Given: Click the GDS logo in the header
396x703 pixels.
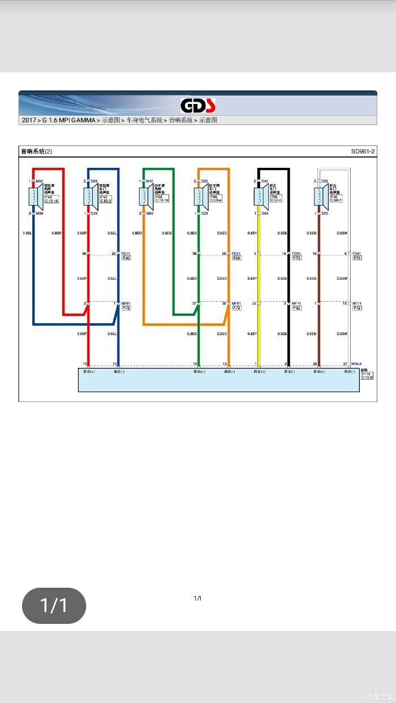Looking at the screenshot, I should click(x=198, y=106).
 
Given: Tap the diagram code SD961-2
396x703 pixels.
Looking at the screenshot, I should click(x=363, y=151).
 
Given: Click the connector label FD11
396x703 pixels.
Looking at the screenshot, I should click(x=126, y=254).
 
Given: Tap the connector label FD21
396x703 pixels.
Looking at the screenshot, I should click(x=236, y=254).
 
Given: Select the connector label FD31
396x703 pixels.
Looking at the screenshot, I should click(x=296, y=254).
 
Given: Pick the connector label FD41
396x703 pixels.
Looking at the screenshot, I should click(x=357, y=254).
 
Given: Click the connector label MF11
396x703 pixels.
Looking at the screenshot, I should click(x=296, y=303).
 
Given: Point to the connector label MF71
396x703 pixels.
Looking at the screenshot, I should click(x=357, y=303).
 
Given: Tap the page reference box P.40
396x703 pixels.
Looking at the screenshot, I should click(x=126, y=258).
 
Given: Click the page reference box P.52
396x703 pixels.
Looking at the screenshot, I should click(x=296, y=308).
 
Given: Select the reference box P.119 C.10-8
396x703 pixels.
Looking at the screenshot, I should click(x=368, y=375).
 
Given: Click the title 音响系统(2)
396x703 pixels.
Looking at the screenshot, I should click(x=36, y=151).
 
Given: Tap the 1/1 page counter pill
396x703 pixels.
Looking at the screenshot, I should click(x=54, y=606).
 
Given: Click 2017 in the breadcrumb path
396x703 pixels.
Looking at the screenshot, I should click(x=29, y=120).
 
